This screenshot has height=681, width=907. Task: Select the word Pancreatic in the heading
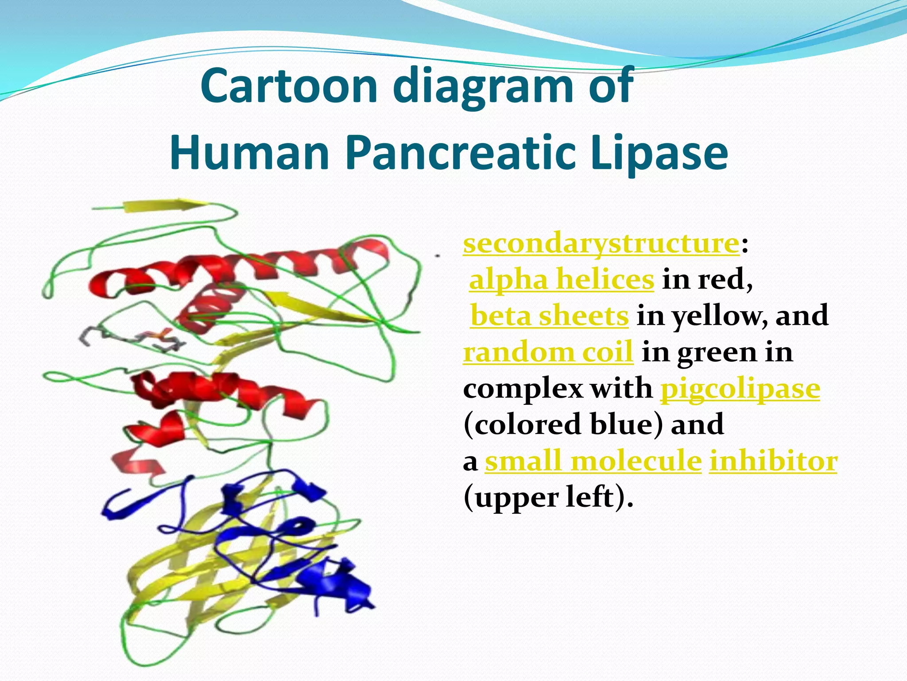coord(460,153)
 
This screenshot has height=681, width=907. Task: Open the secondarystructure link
coord(601,243)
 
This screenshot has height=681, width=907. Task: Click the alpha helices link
coord(561,280)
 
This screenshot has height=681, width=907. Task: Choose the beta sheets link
coord(549,316)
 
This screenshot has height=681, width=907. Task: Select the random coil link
coord(548,352)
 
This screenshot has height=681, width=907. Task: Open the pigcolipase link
coord(740,389)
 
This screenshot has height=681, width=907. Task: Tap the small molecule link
coord(593,461)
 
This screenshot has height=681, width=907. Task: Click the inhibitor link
coord(773,461)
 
